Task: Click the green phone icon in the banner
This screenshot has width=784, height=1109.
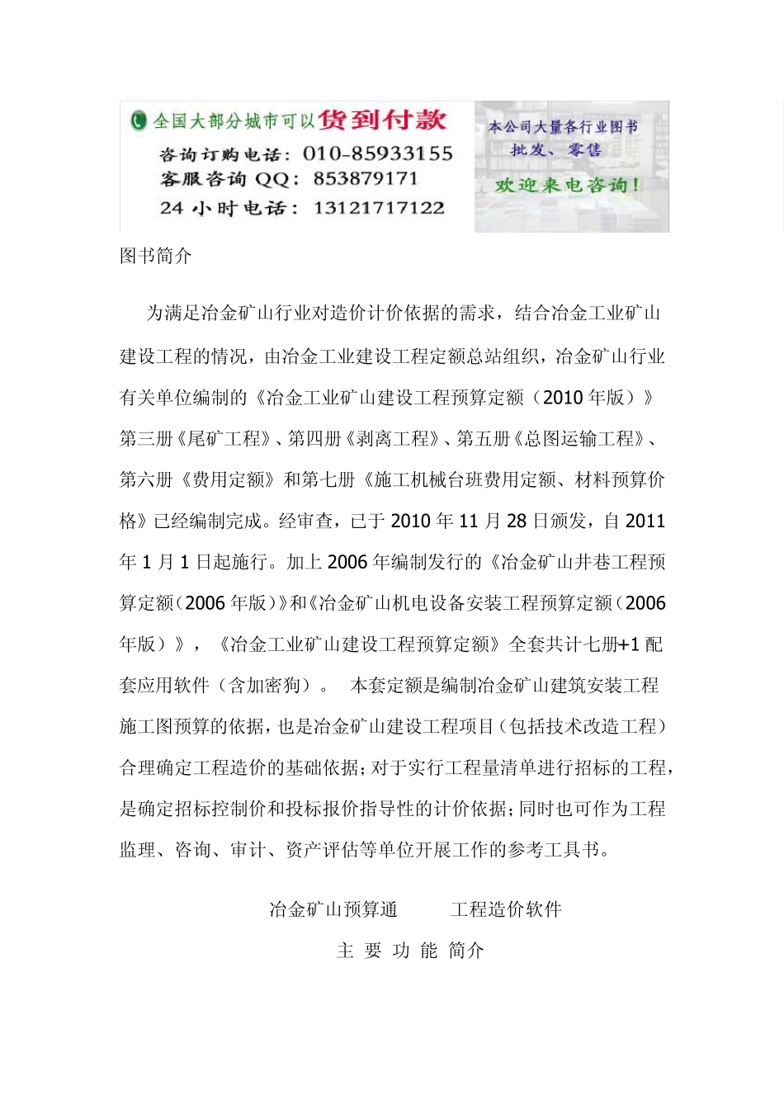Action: coord(138,121)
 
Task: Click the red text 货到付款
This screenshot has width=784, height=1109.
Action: coord(382,120)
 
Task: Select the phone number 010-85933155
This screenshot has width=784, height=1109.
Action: coord(378,153)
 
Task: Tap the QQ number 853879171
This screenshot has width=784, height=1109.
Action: coord(366,179)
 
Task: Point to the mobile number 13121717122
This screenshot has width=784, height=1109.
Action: coord(379,208)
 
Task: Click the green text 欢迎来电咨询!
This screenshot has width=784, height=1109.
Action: coord(568,186)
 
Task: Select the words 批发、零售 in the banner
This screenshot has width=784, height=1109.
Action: coord(555,150)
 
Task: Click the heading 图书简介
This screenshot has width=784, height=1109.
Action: coord(156,256)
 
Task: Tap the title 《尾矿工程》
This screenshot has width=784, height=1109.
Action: coord(224,439)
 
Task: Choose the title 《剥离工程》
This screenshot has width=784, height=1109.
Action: coord(392,439)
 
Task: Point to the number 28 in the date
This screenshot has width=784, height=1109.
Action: coord(517,521)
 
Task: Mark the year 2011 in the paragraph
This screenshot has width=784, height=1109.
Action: coord(645,521)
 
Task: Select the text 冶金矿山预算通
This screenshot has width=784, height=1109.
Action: coord(333,909)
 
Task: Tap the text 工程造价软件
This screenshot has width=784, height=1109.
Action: coord(506,909)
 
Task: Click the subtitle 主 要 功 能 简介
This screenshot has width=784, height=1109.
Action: coord(410,951)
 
